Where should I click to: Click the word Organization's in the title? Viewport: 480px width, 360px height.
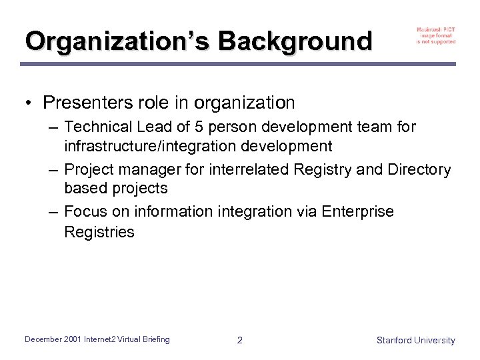[116, 41]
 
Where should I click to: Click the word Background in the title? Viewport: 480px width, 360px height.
[295, 41]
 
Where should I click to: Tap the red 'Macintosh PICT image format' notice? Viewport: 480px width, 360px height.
[436, 35]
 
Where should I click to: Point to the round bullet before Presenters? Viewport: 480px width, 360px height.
[30, 103]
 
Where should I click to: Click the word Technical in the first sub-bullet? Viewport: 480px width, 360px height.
[96, 127]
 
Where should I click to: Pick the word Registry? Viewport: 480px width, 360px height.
[324, 170]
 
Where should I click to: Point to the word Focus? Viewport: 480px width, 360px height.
[87, 211]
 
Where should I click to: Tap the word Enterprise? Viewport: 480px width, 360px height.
[357, 211]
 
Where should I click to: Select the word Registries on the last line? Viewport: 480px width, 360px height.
[99, 232]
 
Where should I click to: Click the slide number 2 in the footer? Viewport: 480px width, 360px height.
[240, 340]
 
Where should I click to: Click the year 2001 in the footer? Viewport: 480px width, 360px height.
[74, 339]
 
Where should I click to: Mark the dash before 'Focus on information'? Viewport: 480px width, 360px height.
[54, 212]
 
